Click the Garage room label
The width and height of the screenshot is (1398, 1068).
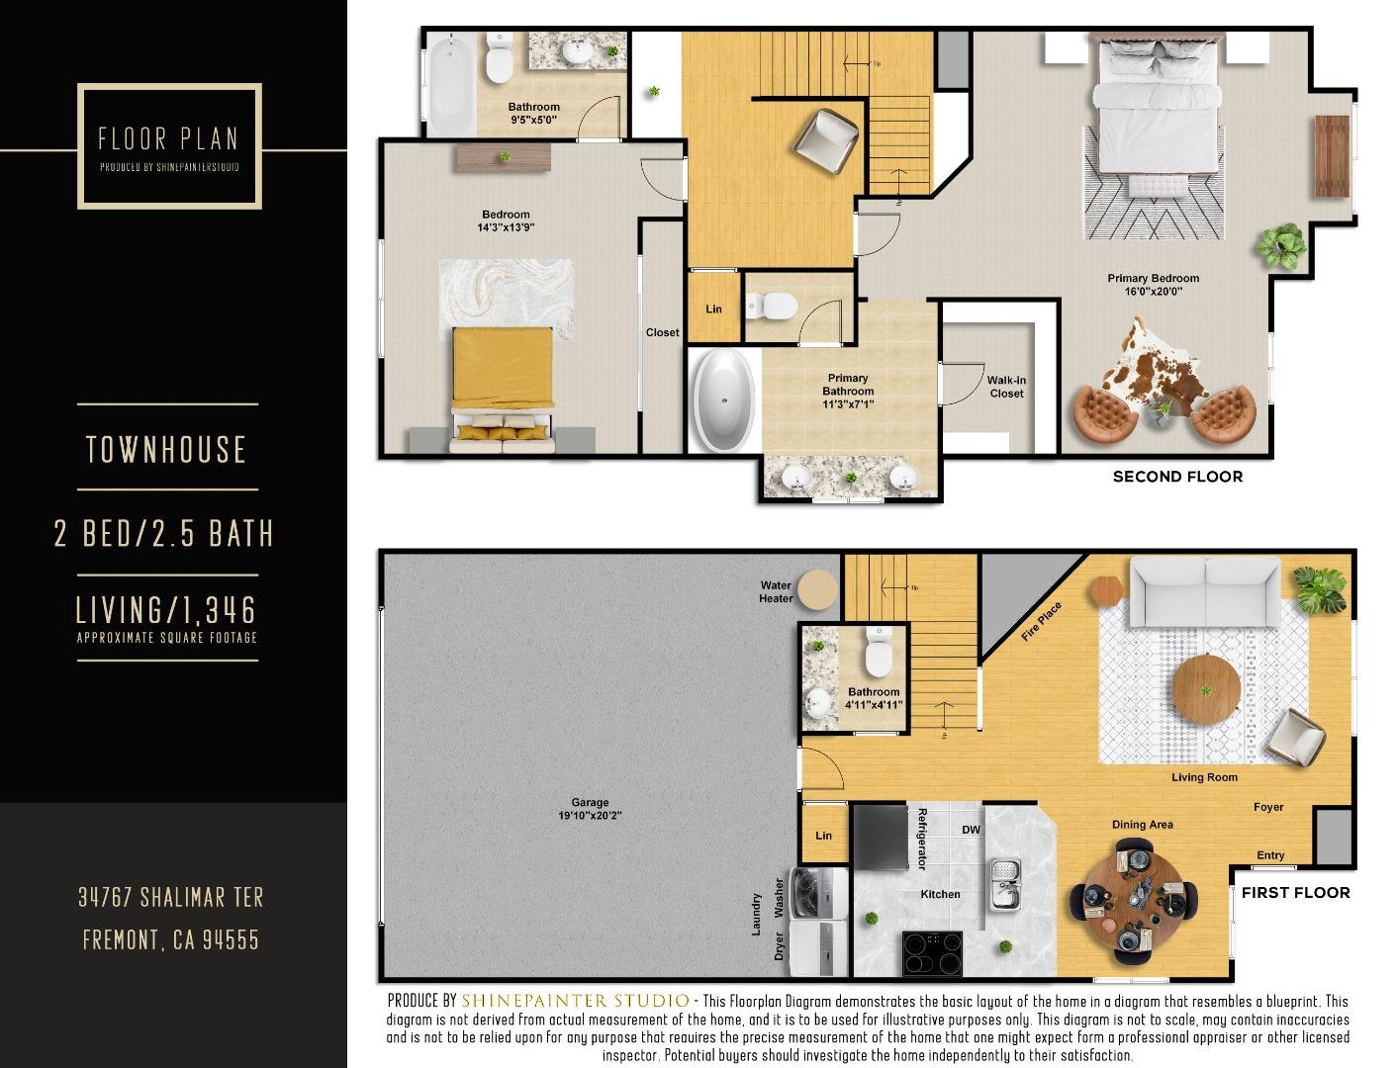click(590, 809)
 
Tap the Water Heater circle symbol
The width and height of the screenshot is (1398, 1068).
click(818, 590)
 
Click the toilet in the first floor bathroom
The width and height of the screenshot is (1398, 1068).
click(878, 651)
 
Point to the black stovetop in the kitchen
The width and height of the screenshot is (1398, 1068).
click(932, 953)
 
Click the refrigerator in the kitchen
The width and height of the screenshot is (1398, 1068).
click(881, 837)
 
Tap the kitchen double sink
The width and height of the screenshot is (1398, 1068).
click(1005, 883)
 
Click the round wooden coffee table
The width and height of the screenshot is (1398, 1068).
click(1205, 688)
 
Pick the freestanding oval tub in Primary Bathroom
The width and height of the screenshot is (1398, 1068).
click(724, 400)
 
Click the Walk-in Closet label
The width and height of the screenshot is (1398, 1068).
click(1006, 387)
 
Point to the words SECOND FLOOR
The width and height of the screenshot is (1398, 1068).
click(1177, 477)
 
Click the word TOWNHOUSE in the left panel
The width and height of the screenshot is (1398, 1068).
click(166, 450)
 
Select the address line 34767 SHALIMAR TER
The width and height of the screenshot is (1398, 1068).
click(171, 897)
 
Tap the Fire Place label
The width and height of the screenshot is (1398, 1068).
click(1042, 622)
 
